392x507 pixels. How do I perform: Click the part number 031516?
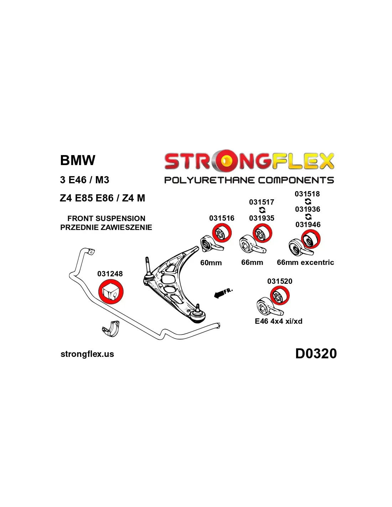[x=222, y=218]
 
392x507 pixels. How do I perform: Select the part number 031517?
[x=262, y=202]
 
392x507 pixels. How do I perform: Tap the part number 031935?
[x=262, y=218]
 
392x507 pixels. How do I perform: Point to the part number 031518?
[x=307, y=194]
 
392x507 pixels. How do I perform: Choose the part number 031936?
[x=308, y=209]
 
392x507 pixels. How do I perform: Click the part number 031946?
[x=308, y=225]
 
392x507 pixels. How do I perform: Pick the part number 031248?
[x=110, y=274]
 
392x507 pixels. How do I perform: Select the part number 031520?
[x=280, y=281]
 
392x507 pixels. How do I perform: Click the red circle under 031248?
[x=110, y=291]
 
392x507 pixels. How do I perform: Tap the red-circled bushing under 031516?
[x=222, y=233]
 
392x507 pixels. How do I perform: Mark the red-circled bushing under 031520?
[x=280, y=296]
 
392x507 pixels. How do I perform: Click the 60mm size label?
[x=211, y=263]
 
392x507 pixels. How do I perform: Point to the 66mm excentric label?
[x=305, y=262]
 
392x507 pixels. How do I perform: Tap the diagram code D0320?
[x=316, y=354]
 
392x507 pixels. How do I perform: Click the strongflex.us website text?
[x=87, y=354]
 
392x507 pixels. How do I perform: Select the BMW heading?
[x=78, y=160]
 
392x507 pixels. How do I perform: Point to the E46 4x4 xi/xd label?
[x=279, y=321]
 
